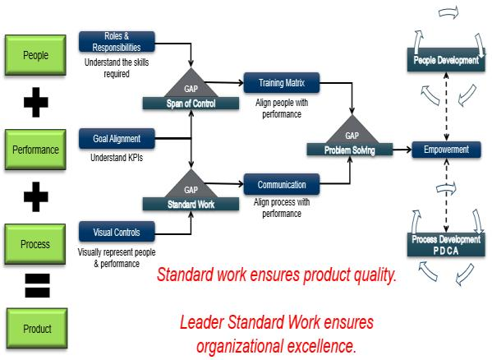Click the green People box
click(x=34, y=56)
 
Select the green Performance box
click(x=34, y=150)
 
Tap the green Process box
click(x=34, y=243)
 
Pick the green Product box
click(x=34, y=329)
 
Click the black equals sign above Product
click(x=35, y=286)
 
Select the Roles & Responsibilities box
click(x=117, y=41)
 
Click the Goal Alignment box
click(x=117, y=139)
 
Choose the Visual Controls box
click(x=117, y=232)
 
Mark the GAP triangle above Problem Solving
click(x=352, y=132)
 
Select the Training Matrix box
click(x=281, y=83)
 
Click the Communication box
click(x=281, y=185)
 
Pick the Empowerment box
click(x=446, y=150)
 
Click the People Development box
click(x=446, y=60)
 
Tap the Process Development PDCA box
click(x=446, y=242)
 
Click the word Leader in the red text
click(x=203, y=322)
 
